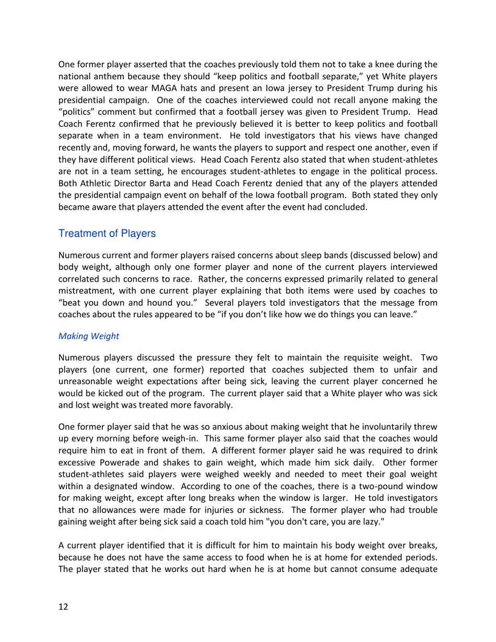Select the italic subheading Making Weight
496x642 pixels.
tap(88, 337)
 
